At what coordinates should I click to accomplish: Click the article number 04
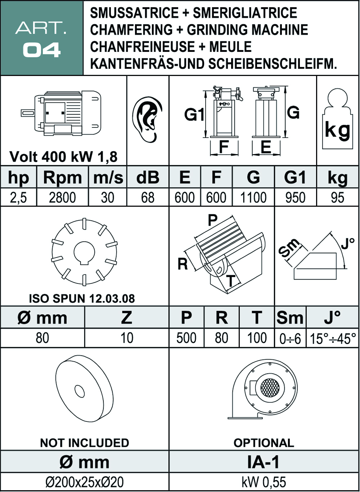point(41,50)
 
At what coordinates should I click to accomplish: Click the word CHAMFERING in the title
point(131,30)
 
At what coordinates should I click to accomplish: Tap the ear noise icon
point(147,120)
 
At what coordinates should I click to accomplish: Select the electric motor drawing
point(61,113)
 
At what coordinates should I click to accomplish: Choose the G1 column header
point(295,177)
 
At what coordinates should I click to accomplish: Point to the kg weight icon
point(337,119)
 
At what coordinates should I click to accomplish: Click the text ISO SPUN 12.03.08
point(82,299)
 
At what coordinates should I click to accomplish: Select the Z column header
point(126,317)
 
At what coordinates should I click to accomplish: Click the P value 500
point(186,338)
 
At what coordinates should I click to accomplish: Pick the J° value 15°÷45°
point(333,339)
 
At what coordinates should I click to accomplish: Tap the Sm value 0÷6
point(290,339)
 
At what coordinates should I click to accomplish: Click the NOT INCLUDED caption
point(85,443)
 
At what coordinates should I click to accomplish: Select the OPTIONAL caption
point(264,443)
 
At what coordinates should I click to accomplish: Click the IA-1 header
point(263,462)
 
